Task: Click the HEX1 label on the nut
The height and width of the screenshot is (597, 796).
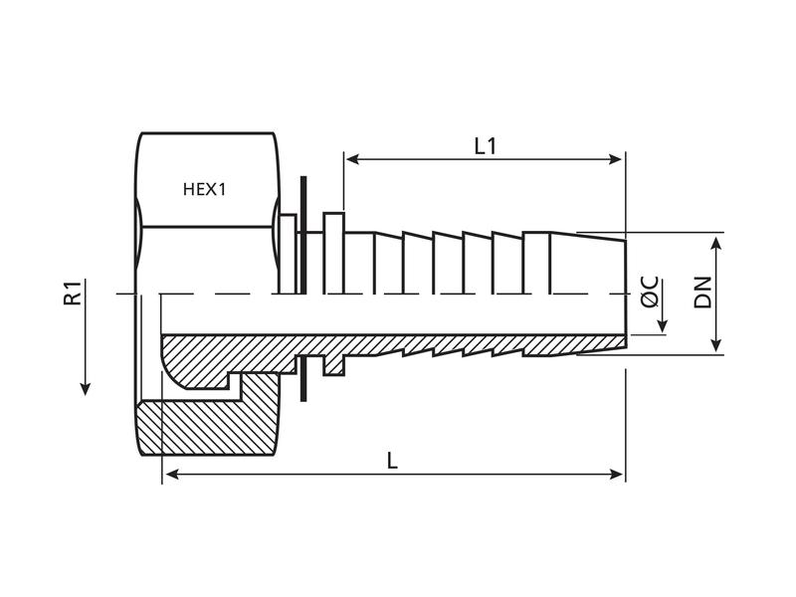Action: coord(205,188)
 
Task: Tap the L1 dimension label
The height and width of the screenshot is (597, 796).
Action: coord(485,146)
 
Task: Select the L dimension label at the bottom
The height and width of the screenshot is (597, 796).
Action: coord(392,462)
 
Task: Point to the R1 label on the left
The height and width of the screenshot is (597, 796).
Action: coord(73,294)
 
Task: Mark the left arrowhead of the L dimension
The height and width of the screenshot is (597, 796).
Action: coord(169,476)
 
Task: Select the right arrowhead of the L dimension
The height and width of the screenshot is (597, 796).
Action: coord(618,476)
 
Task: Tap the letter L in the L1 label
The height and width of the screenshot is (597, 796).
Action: coord(479,146)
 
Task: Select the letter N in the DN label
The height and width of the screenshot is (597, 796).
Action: coord(703,282)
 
